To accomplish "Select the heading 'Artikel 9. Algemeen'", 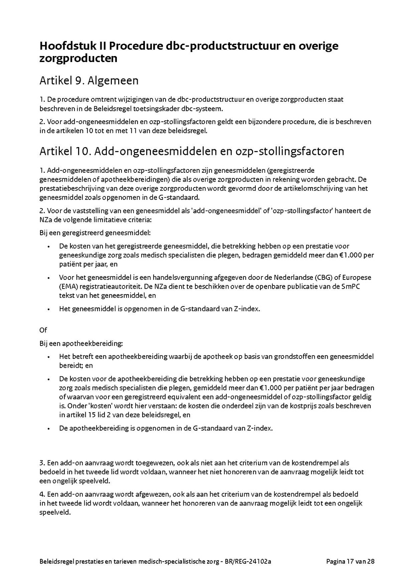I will (89, 81).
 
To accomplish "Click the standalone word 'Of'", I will (43, 330).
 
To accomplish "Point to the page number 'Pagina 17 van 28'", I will (351, 562).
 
